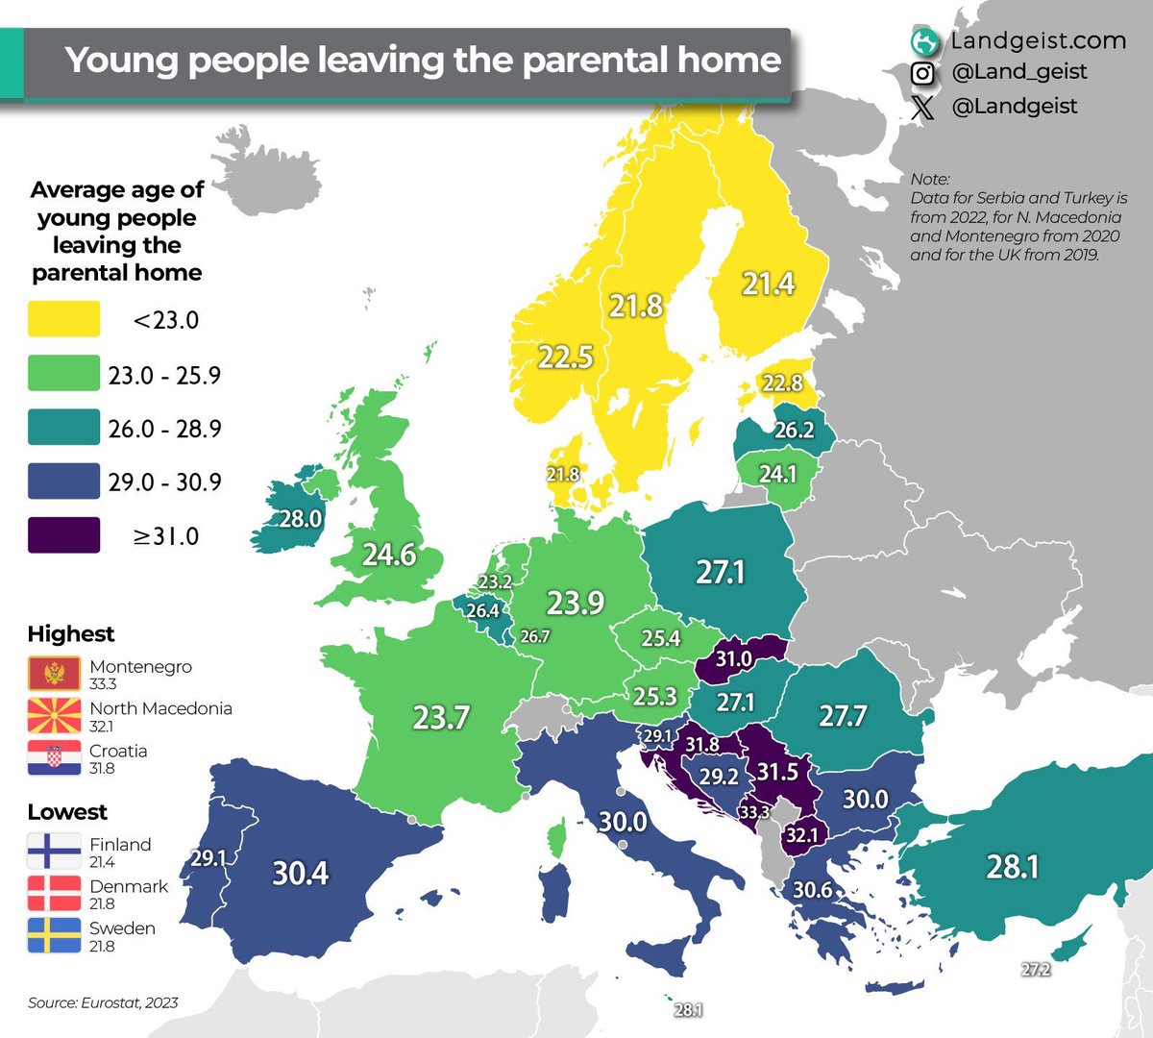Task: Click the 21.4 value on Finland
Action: tap(768, 284)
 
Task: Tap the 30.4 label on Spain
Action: tap(300, 873)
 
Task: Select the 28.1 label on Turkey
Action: tap(1013, 867)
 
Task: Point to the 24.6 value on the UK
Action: tap(389, 555)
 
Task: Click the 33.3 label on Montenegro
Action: tap(754, 812)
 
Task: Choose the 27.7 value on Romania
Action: tap(842, 716)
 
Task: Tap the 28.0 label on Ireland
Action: tap(300, 519)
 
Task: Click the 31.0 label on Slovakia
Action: tap(733, 659)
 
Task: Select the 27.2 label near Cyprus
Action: tap(1035, 970)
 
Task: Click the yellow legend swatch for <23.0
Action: tap(63, 319)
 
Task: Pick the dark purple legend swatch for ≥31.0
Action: tap(63, 535)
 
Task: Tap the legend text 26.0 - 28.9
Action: tap(164, 429)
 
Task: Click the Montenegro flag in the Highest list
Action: tap(54, 674)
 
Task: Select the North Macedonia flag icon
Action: tap(54, 716)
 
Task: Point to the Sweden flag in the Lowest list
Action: tap(54, 936)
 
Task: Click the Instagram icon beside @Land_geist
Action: tap(922, 73)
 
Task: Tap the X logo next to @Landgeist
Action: tap(922, 107)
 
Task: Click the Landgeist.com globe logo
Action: tap(924, 42)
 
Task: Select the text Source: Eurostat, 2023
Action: tap(103, 1002)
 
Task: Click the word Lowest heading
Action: tap(67, 812)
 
